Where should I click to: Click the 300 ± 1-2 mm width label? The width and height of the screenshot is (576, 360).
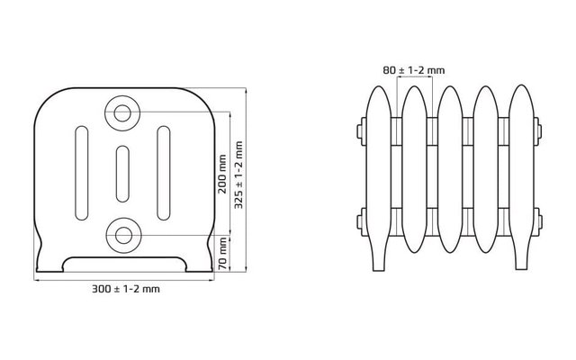point(126,289)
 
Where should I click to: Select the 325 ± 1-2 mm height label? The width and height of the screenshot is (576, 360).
point(238,175)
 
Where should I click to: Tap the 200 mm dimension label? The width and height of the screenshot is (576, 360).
point(222,174)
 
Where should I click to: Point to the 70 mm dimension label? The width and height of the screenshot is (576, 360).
point(222,254)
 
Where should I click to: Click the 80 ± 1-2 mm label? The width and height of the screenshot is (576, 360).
point(414,70)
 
